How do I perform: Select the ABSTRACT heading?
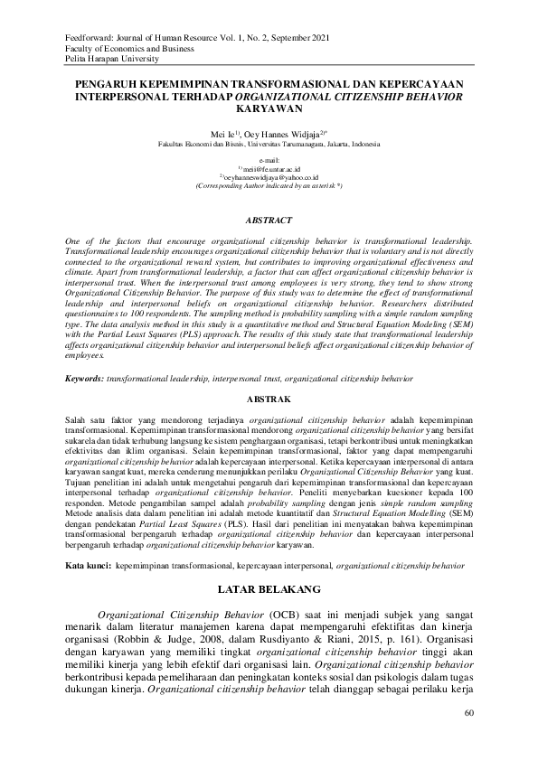[269, 221]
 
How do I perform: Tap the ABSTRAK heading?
[269, 398]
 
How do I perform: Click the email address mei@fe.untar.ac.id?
[270, 168]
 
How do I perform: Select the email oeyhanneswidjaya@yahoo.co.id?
[270, 177]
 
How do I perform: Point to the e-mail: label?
[269, 159]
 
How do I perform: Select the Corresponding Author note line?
[269, 185]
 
